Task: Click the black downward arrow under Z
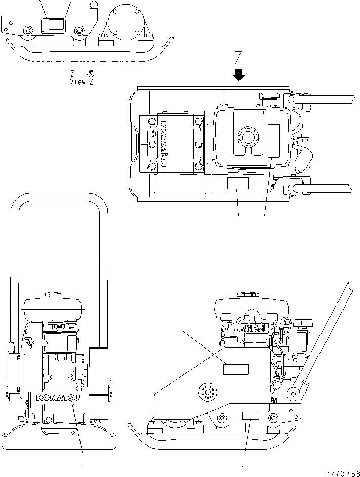238,75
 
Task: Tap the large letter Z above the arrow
238,58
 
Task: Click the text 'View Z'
82,81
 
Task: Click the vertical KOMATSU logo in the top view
164,144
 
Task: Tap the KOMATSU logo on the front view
59,398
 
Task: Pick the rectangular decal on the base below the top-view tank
237,183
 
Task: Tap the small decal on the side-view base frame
250,416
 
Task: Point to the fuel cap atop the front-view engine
52,294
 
